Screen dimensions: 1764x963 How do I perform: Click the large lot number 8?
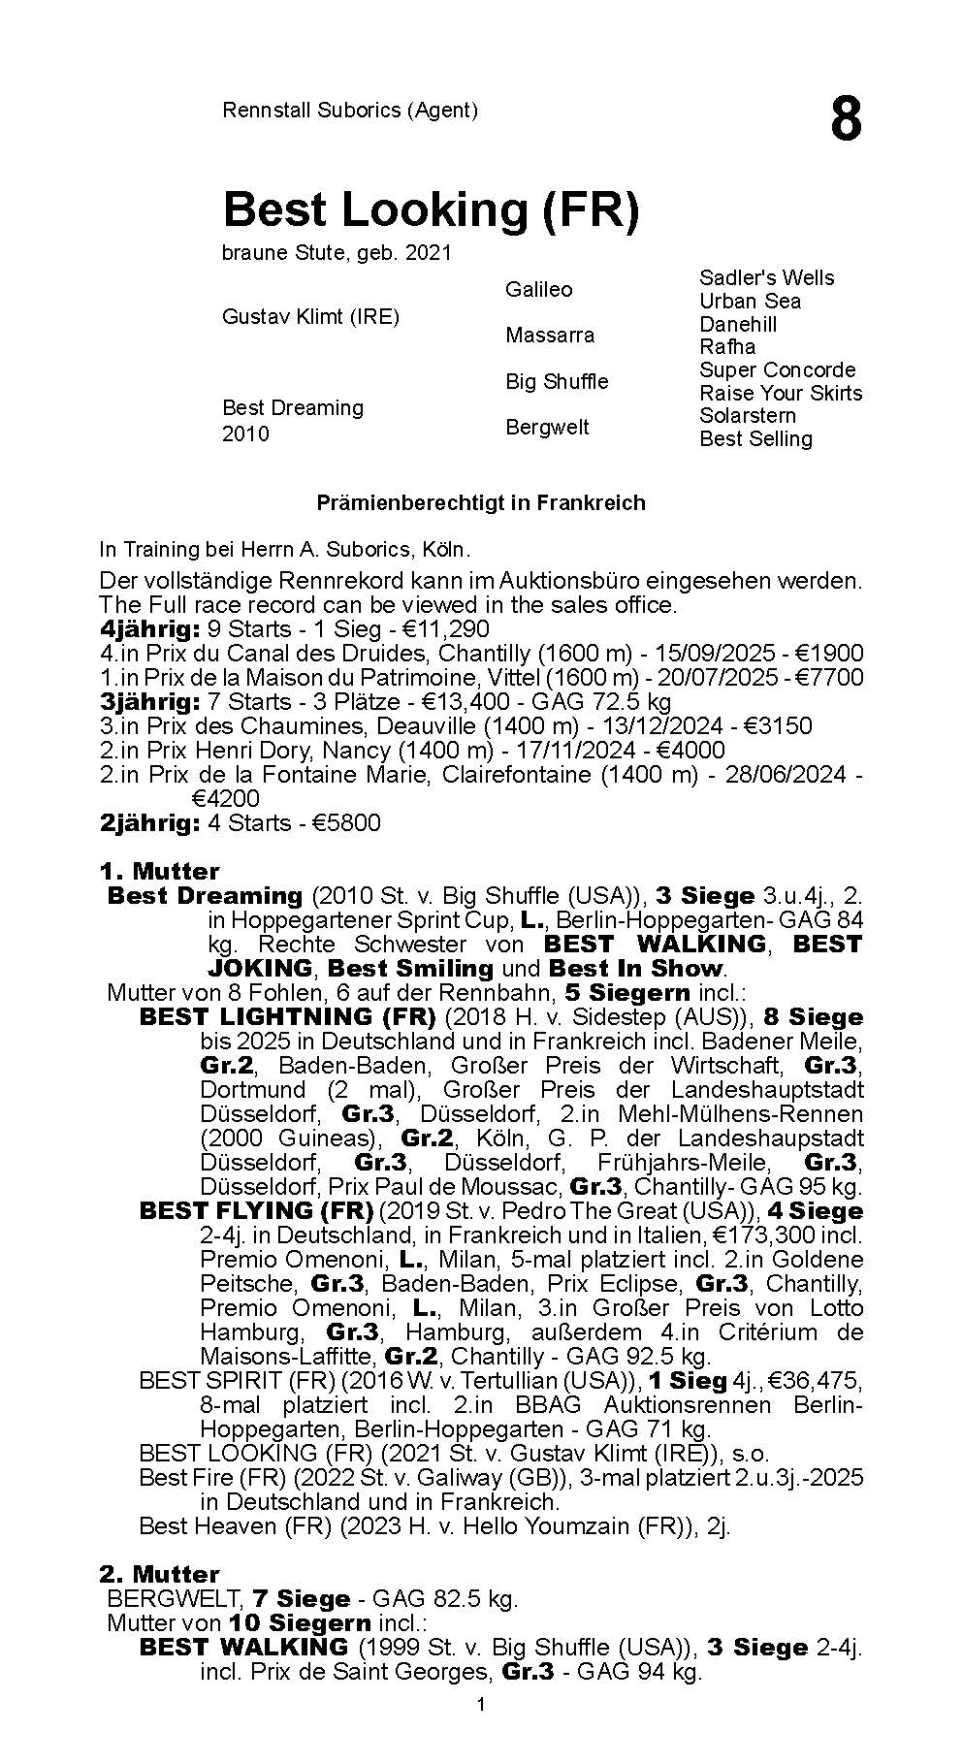(845, 121)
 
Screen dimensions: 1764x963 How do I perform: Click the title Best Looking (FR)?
(431, 209)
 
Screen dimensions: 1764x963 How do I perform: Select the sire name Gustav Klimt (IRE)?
(310, 317)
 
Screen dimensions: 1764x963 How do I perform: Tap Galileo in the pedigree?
(538, 289)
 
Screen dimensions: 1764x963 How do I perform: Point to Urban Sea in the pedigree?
(750, 301)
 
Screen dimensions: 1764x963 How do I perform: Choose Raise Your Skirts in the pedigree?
(781, 393)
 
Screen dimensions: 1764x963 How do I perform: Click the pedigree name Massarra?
(549, 336)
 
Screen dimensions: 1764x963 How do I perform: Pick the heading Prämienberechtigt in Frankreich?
(481, 503)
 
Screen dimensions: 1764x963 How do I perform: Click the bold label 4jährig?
(149, 629)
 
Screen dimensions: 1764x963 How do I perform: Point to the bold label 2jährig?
(149, 823)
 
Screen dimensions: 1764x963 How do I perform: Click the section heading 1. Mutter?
(159, 871)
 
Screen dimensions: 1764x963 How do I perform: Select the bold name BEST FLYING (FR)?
(256, 1210)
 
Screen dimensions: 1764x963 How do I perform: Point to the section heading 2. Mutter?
(159, 1574)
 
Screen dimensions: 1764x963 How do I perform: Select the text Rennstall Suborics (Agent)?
(350, 111)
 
